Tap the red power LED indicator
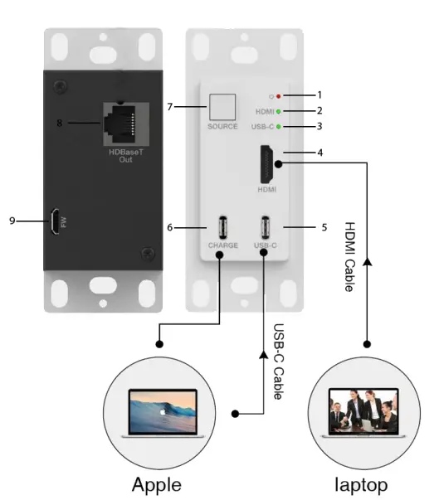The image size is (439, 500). [x=279, y=95]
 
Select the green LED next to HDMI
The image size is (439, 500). [x=279, y=111]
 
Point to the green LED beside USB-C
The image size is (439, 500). [x=279, y=126]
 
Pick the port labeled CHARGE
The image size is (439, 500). [x=222, y=226]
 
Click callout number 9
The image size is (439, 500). [x=11, y=221]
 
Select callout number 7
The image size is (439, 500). [x=169, y=107]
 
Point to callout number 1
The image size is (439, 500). [x=319, y=95]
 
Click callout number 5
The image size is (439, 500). [x=324, y=226]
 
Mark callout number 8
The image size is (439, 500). [x=59, y=124]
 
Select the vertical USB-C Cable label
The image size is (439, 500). [x=279, y=362]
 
